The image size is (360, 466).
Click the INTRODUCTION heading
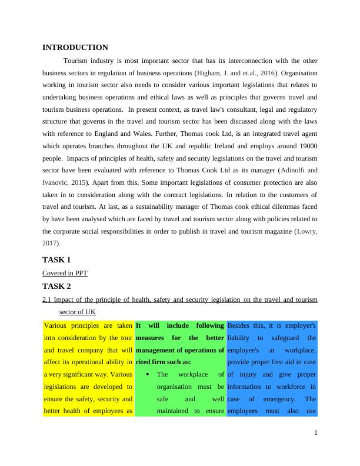(75, 48)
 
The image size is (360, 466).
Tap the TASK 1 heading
(56, 259)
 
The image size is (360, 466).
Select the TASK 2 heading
(56, 287)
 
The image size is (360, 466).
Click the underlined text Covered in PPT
(65, 273)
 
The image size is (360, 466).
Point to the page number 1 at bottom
(315, 432)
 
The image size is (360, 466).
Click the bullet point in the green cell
(144, 374)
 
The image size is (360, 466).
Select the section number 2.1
(48, 300)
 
